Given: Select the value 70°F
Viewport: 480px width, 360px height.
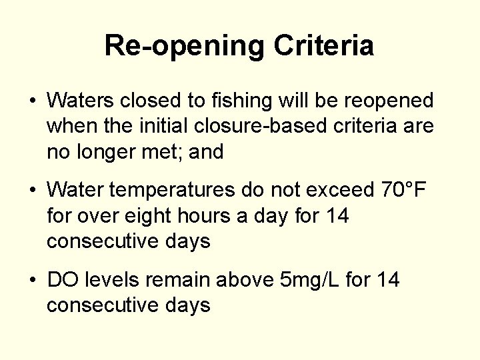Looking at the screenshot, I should [x=403, y=191].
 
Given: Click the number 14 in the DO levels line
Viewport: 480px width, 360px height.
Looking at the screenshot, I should [x=387, y=280].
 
